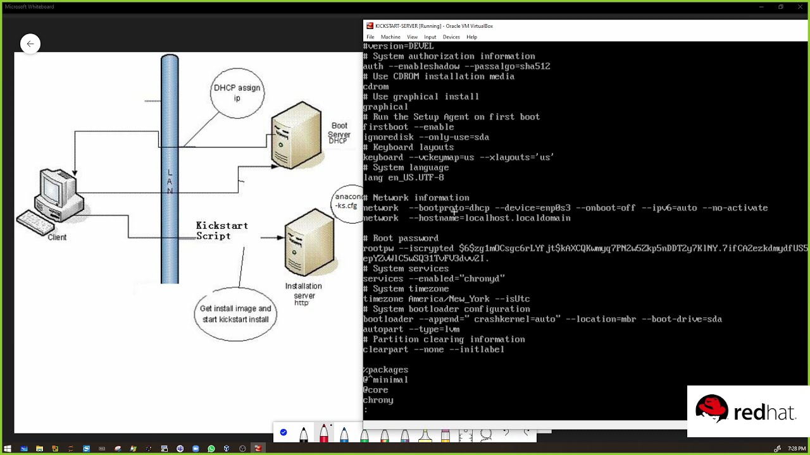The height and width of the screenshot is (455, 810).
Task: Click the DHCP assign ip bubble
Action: point(237,93)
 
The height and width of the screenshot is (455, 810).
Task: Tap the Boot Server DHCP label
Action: point(339,133)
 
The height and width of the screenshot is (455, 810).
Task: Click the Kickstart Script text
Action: point(221,231)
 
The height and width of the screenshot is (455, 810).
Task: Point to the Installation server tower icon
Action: point(309,244)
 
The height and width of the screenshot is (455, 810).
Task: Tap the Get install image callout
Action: point(235,314)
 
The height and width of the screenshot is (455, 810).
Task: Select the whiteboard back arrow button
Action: point(30,44)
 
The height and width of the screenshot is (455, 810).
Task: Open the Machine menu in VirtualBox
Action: point(390,37)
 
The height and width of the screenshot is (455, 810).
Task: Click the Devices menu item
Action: point(451,37)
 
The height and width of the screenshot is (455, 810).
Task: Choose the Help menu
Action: point(471,37)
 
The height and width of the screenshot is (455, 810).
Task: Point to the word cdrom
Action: point(376,87)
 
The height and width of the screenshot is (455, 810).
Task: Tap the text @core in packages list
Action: point(375,390)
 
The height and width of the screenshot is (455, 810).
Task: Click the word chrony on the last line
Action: point(378,400)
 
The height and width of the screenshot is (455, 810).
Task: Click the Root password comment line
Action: point(405,238)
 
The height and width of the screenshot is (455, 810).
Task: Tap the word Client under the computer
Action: point(57,238)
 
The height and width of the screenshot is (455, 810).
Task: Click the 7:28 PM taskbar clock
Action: point(796,449)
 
